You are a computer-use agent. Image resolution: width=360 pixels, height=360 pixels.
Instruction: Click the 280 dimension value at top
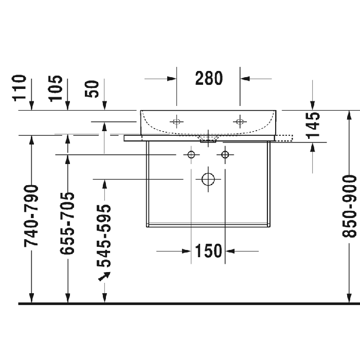(209, 78)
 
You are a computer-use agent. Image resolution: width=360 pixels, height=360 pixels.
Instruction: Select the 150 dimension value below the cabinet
(208, 251)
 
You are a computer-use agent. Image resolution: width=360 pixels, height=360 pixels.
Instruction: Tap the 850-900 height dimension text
(350, 206)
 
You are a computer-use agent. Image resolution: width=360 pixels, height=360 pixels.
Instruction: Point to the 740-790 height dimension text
(32, 214)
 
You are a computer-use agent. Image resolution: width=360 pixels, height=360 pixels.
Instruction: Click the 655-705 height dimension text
(67, 223)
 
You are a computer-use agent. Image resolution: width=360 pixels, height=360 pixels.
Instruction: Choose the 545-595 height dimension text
(104, 236)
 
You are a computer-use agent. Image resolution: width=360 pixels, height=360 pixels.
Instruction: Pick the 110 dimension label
(20, 87)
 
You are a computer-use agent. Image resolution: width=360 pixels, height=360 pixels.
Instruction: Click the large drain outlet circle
(208, 178)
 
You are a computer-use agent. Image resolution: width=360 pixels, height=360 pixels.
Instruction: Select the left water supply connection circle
(191, 154)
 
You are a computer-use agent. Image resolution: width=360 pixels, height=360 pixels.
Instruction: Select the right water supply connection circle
(225, 154)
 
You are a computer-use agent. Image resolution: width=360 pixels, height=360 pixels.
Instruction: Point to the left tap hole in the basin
(176, 122)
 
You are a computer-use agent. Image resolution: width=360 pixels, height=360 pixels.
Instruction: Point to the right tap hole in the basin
(239, 122)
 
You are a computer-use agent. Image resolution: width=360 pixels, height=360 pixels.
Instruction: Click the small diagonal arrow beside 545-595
(104, 277)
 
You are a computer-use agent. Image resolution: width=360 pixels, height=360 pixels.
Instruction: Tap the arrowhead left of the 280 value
(172, 79)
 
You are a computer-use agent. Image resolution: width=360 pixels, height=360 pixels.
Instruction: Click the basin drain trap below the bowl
(208, 138)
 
